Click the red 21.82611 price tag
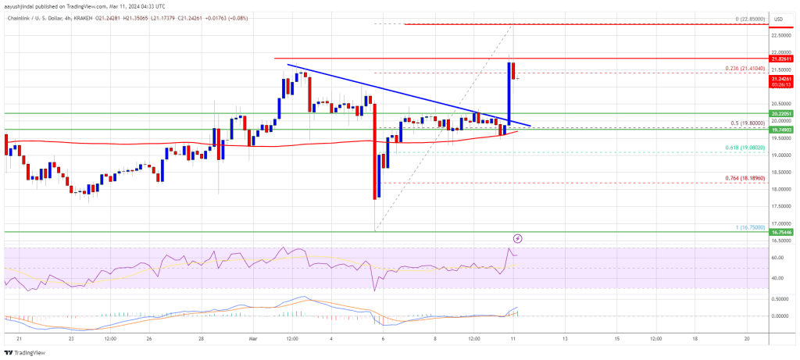pos(783,59)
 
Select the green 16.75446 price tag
pos(783,232)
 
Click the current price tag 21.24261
pos(783,79)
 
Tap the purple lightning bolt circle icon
pos(517,237)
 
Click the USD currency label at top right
pos(778,19)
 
